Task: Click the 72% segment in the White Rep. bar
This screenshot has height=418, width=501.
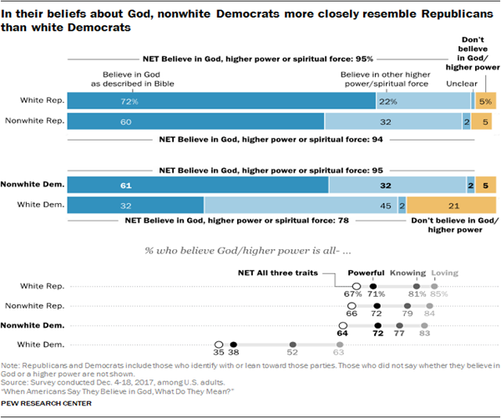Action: (221, 100)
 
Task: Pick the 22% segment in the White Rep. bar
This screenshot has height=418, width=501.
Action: (423, 100)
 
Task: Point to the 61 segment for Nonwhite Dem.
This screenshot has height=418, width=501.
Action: (198, 185)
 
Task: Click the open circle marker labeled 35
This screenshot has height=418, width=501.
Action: (219, 344)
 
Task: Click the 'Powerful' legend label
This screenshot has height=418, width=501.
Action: (366, 273)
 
